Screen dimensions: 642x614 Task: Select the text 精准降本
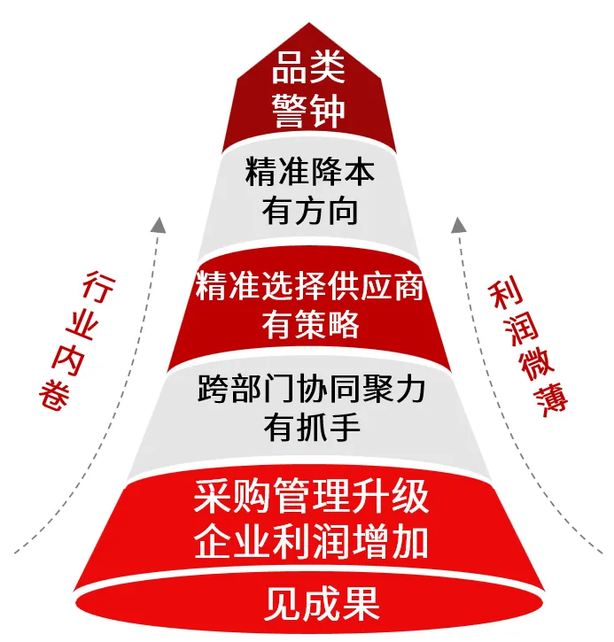click(x=310, y=172)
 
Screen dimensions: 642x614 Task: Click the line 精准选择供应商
click(x=310, y=286)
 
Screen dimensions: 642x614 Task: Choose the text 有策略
click(x=310, y=324)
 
